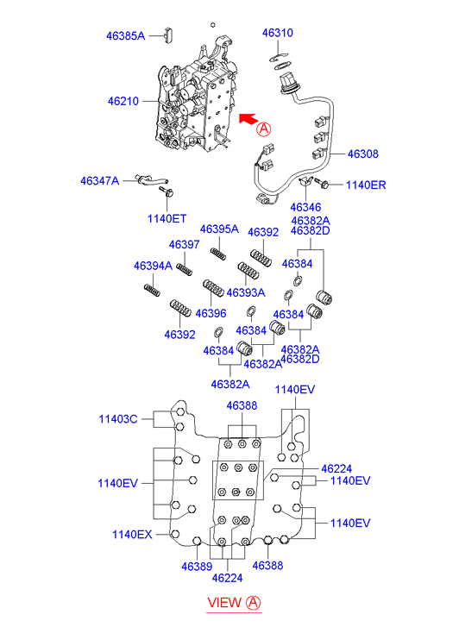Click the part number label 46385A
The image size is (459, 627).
click(125, 36)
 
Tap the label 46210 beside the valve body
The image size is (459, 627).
click(123, 101)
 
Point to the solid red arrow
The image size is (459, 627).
click(248, 119)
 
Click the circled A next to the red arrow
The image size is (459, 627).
click(264, 129)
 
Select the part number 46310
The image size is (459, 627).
click(278, 33)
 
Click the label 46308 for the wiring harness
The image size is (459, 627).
click(363, 154)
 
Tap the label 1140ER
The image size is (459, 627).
click(366, 185)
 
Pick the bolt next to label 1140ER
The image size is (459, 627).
click(322, 184)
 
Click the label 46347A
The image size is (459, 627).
click(99, 181)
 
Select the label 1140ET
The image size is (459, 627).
click(167, 218)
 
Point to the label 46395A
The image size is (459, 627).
click(219, 229)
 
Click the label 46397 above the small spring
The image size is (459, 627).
click(184, 244)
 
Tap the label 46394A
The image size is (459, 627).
click(153, 266)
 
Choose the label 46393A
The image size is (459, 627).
click(246, 292)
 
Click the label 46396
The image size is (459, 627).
click(211, 313)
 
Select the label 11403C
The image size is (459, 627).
click(118, 419)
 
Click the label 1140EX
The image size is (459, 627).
click(132, 534)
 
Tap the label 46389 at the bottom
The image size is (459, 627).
click(197, 567)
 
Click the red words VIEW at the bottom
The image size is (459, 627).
click(224, 602)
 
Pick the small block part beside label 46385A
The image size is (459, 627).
click(168, 34)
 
